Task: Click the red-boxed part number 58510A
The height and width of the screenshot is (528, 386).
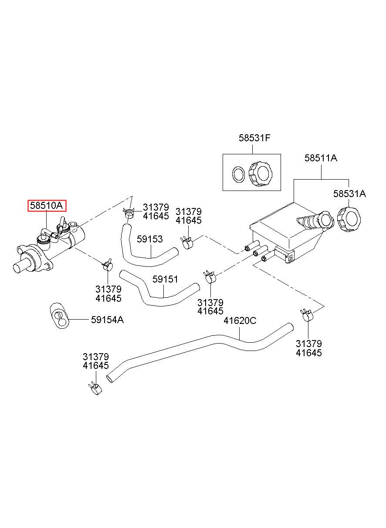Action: (x=46, y=205)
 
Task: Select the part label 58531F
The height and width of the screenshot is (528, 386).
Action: (x=254, y=138)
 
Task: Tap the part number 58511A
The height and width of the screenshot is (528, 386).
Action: (x=321, y=158)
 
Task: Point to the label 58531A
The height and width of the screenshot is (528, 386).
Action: (x=349, y=194)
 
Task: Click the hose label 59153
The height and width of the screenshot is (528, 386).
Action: (x=150, y=239)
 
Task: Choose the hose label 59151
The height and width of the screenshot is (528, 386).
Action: (x=165, y=279)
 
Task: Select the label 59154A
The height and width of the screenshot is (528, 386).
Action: (x=108, y=320)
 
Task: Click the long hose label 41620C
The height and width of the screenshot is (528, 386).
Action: (x=240, y=320)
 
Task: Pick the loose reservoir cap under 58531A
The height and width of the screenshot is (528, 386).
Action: (x=349, y=219)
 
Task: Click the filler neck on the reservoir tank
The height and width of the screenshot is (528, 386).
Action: (x=315, y=221)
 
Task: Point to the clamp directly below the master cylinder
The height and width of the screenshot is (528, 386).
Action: (x=108, y=265)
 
